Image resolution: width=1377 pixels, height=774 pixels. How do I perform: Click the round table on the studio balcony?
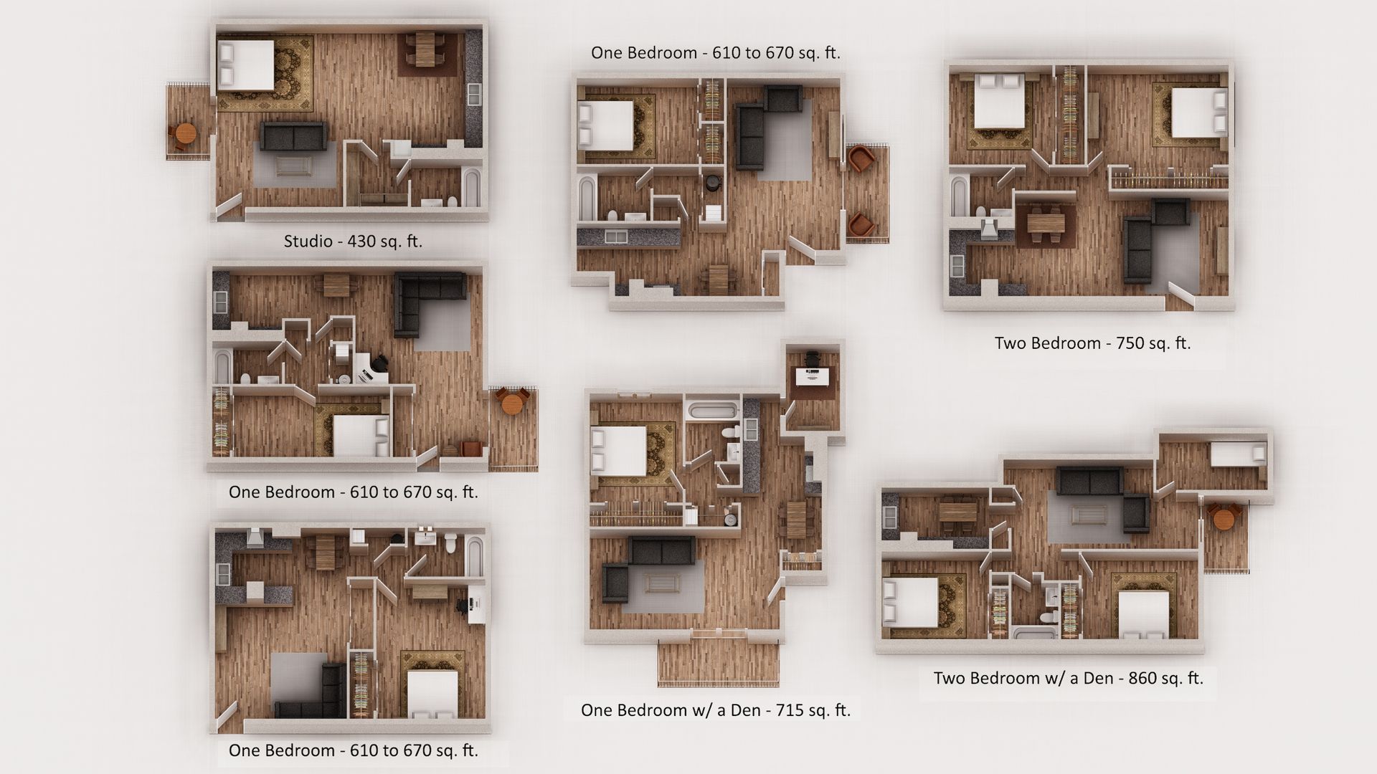point(185,134)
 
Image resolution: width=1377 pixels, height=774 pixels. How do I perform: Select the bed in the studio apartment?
point(246,65)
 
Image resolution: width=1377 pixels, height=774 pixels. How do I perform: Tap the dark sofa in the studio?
point(293,136)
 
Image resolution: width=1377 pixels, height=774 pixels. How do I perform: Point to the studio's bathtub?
point(471,187)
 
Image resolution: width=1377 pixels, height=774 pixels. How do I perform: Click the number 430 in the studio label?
point(363,242)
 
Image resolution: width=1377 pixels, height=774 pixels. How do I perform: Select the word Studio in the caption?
point(308,242)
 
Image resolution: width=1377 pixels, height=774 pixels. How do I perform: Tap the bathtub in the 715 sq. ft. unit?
point(711,411)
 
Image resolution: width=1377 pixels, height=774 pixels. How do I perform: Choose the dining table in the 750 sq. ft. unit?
point(1046,223)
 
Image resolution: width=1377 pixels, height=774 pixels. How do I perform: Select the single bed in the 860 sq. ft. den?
point(1238,453)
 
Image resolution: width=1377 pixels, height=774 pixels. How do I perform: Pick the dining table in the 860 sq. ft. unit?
point(957,513)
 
